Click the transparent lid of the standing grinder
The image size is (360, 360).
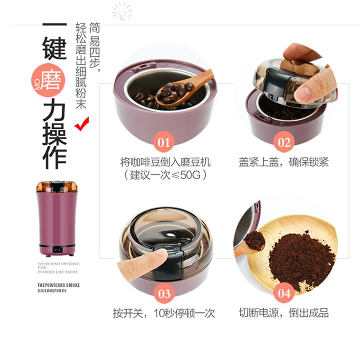(x=57, y=186)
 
